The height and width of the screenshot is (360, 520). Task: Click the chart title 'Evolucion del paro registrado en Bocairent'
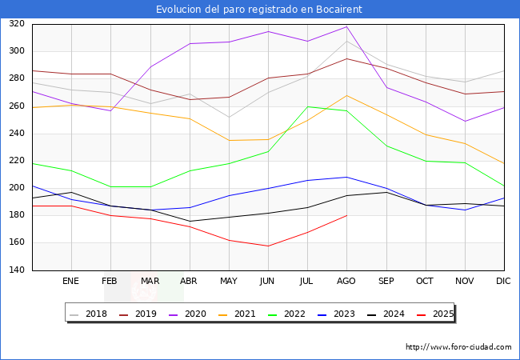click(259, 9)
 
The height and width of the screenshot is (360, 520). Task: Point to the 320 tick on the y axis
click(18, 24)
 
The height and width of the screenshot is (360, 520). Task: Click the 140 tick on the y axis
click(18, 270)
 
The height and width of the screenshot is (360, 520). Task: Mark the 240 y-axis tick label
click(18, 134)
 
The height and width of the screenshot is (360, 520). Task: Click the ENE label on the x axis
click(71, 282)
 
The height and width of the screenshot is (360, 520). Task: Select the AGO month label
click(346, 282)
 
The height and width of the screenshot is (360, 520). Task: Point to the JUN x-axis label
click(268, 282)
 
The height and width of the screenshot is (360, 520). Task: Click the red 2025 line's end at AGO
click(346, 215)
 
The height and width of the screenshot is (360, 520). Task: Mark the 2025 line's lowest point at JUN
click(268, 246)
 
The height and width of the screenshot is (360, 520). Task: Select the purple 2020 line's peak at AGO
click(346, 27)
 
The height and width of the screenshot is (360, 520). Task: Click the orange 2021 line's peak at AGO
click(346, 96)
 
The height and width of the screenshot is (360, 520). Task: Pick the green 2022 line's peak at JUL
click(307, 106)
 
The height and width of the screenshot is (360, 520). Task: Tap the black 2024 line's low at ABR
click(190, 221)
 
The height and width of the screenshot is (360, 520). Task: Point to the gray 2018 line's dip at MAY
click(229, 118)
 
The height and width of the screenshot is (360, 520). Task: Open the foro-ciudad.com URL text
click(458, 347)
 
